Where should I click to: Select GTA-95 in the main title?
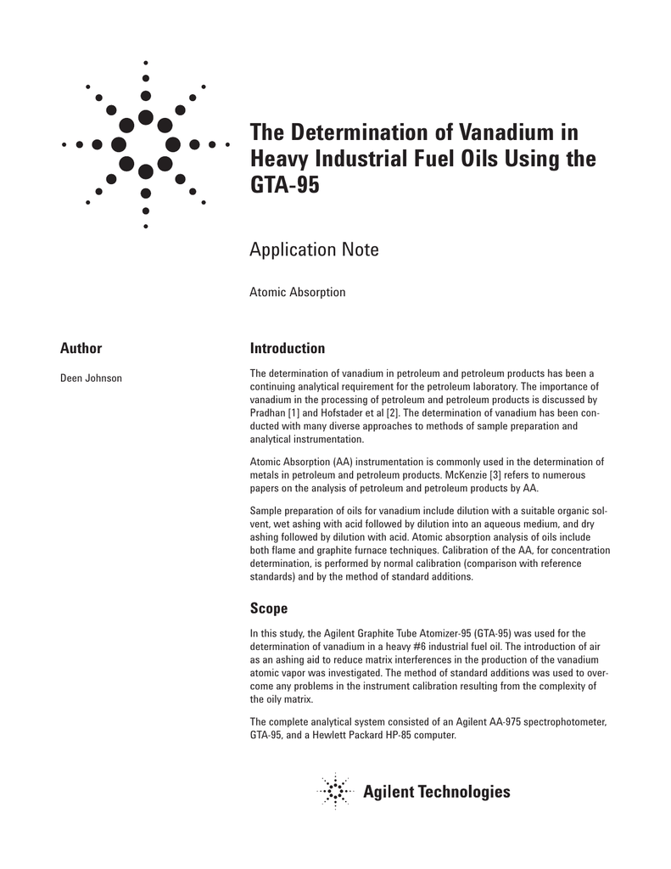tap(284, 184)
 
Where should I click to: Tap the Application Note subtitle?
tap(314, 249)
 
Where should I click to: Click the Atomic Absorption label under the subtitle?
tap(297, 292)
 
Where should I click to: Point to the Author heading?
tap(81, 348)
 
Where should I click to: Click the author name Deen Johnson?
tap(91, 378)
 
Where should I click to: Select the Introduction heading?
tap(288, 348)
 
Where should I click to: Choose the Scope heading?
tap(269, 608)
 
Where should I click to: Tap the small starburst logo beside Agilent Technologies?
tap(336, 792)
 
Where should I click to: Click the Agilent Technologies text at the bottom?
tap(437, 792)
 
